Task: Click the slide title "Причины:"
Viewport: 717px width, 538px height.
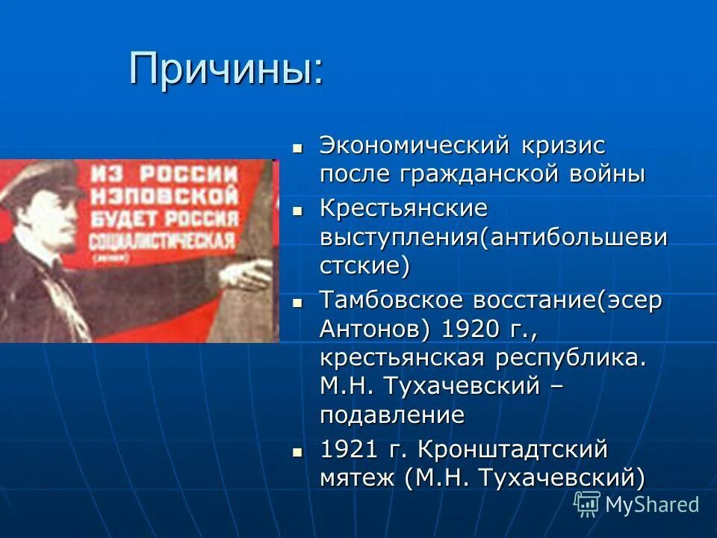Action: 226,69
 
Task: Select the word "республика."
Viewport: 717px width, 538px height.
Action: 568,358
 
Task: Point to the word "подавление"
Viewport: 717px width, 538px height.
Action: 392,415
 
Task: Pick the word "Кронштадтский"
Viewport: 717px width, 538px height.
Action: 512,450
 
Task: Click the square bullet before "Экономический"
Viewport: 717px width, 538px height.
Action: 297,147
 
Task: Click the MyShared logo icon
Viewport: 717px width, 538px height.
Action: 587,504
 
